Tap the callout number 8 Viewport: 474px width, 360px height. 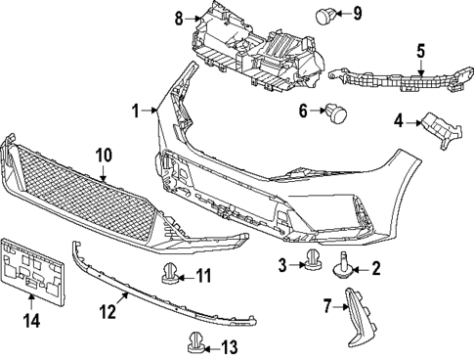(179, 17)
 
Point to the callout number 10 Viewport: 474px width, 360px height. (105, 155)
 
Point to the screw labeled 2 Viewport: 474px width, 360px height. (346, 264)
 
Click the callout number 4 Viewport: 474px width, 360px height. (399, 121)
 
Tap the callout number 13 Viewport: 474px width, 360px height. (229, 346)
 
